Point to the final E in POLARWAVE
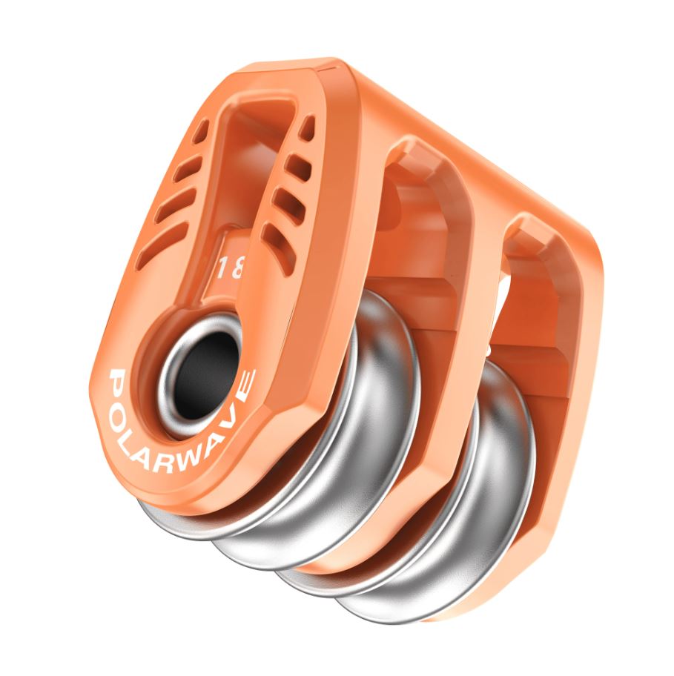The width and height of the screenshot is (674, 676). click(245, 378)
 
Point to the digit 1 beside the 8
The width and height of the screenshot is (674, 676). click(223, 268)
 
